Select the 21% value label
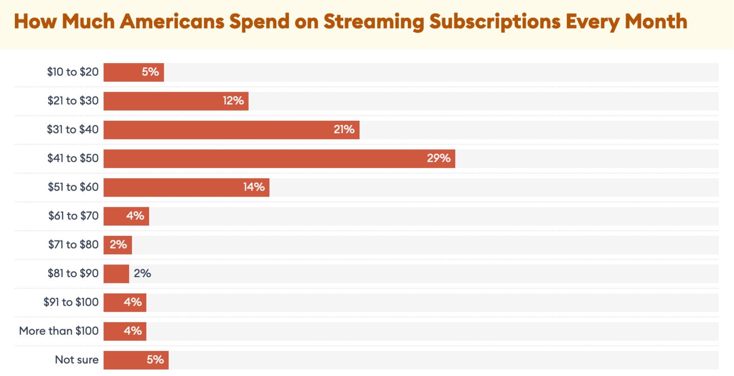tap(344, 129)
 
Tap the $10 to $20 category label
tap(72, 72)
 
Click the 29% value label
tap(438, 158)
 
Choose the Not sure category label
tap(76, 360)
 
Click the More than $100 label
tap(59, 331)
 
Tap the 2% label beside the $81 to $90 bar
tap(142, 274)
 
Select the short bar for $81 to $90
tap(116, 274)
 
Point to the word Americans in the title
tap(180, 21)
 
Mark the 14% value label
tap(254, 187)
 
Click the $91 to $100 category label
tap(71, 302)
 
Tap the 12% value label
tap(233, 101)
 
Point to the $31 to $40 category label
tap(72, 129)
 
